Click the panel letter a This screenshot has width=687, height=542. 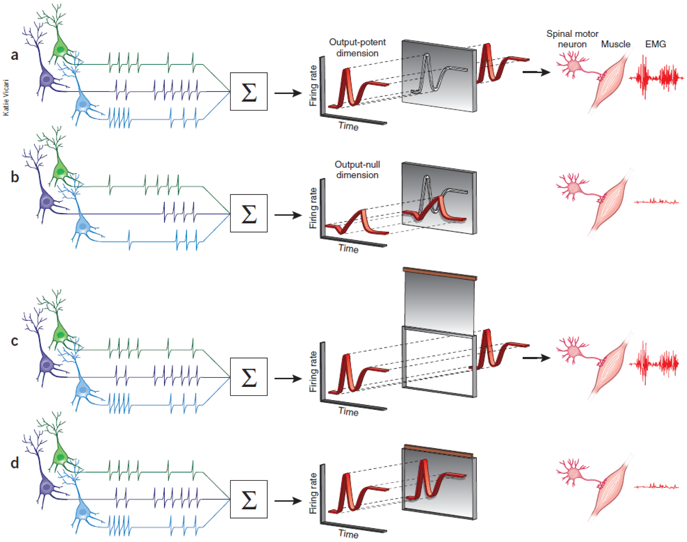click(15, 55)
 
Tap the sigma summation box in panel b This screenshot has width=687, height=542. click(249, 213)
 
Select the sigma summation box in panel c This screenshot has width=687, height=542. click(249, 377)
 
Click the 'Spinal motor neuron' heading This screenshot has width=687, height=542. click(572, 39)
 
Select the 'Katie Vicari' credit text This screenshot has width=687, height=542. click(6, 97)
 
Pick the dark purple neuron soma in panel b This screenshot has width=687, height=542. click(47, 201)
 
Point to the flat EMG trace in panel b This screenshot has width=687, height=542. click(657, 201)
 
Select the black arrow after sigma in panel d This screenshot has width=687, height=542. click(288, 501)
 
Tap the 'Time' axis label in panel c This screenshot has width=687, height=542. click(348, 412)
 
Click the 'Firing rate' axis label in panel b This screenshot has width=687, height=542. click(313, 208)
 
